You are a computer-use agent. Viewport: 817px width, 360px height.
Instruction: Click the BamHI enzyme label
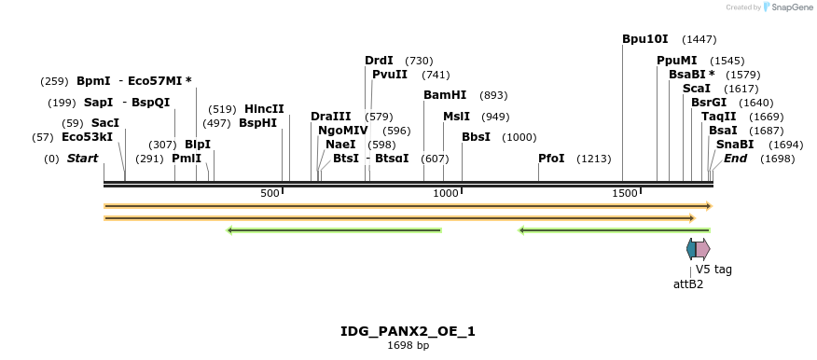tap(445, 95)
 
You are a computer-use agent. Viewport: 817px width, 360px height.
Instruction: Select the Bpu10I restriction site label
tap(645, 39)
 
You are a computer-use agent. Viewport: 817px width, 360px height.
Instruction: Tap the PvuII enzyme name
tap(390, 75)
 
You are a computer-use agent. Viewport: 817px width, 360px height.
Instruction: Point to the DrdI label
tap(379, 61)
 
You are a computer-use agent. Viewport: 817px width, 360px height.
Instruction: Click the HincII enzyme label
tap(264, 109)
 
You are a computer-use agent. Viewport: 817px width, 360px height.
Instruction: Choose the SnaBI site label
tap(735, 145)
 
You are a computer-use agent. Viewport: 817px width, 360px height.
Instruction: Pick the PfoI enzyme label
tap(551, 159)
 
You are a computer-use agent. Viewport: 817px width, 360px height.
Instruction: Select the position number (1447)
tap(699, 39)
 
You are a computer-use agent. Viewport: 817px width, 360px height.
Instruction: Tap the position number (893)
tap(493, 95)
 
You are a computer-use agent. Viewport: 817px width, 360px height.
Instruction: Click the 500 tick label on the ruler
tap(270, 193)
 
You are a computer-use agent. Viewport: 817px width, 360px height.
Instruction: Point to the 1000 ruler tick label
tap(446, 193)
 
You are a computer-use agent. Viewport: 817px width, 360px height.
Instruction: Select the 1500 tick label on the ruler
tap(624, 193)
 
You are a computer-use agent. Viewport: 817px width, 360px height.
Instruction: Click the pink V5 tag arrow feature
tap(702, 249)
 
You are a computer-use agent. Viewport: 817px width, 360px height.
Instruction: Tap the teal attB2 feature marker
tap(691, 249)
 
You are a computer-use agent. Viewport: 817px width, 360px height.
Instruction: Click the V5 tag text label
tap(713, 270)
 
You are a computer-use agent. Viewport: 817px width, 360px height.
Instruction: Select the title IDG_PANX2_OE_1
tap(408, 331)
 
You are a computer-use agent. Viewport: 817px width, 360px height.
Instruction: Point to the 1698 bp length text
tap(408, 346)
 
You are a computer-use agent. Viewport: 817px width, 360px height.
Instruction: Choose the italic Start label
tap(82, 159)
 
